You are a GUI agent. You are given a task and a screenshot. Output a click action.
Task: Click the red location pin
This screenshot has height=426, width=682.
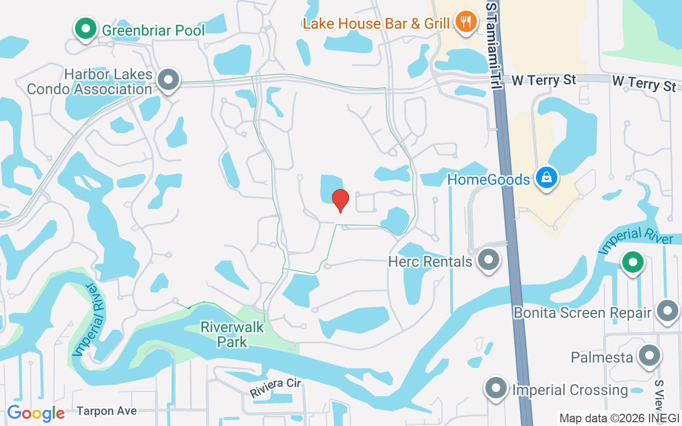point(340,200)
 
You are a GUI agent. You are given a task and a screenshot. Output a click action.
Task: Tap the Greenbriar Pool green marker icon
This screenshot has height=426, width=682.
point(85,28)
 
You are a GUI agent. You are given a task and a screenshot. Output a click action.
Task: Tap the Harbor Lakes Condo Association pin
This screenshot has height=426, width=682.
point(169,80)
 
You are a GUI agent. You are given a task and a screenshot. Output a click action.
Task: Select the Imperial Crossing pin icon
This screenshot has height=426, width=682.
point(496,388)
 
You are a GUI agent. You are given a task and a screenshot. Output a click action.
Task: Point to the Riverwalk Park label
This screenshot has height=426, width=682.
point(232,334)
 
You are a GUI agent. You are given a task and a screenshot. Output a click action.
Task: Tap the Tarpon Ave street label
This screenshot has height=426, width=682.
point(107,411)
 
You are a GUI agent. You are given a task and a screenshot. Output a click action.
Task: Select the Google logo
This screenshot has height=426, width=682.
point(36,413)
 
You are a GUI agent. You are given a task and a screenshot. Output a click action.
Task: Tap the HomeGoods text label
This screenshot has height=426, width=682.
point(489,179)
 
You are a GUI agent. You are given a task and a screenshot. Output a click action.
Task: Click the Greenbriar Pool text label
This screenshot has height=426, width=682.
point(153,30)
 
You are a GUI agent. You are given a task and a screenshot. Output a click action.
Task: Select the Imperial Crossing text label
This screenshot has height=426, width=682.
point(570,390)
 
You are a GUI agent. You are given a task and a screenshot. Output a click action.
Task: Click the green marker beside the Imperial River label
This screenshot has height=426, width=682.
point(632,262)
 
